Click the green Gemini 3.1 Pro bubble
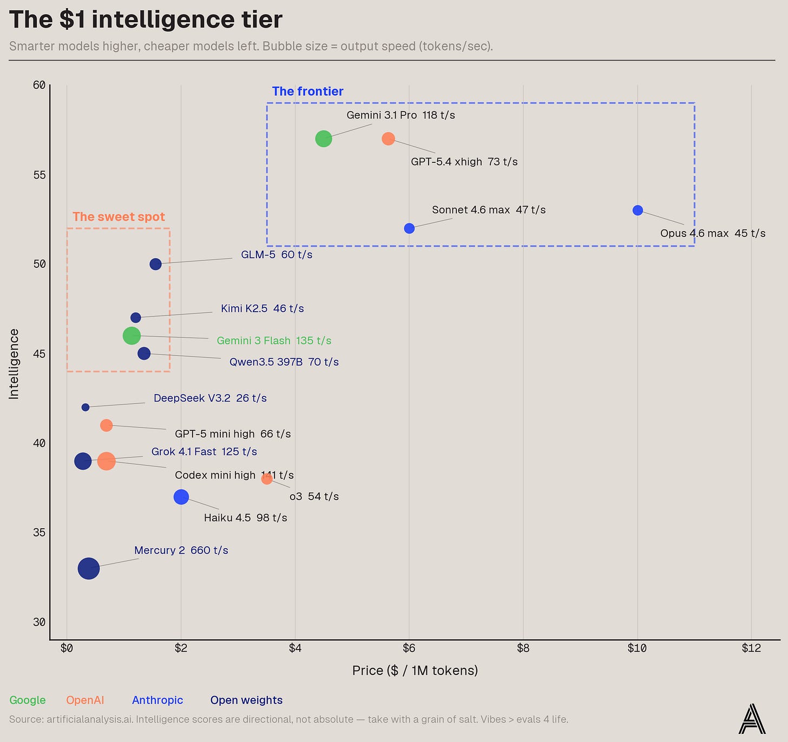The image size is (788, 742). pyautogui.click(x=324, y=139)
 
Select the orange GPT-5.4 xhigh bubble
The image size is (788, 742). pyautogui.click(x=388, y=139)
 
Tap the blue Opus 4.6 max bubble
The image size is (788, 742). pyautogui.click(x=638, y=210)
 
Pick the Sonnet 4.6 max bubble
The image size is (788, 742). pyautogui.click(x=409, y=228)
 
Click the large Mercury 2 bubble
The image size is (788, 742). pyautogui.click(x=88, y=568)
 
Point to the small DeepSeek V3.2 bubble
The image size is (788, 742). pyautogui.click(x=86, y=407)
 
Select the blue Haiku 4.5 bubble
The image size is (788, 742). pyautogui.click(x=181, y=497)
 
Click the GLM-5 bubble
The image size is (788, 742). pyautogui.click(x=155, y=264)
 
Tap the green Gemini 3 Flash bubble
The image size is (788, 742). pyautogui.click(x=132, y=336)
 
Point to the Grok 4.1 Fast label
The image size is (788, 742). pyautogui.click(x=204, y=451)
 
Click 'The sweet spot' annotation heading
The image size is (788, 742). pyautogui.click(x=119, y=216)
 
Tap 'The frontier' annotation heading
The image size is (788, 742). pyautogui.click(x=307, y=91)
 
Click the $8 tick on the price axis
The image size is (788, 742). pyautogui.click(x=523, y=648)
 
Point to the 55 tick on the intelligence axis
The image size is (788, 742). pyautogui.click(x=40, y=175)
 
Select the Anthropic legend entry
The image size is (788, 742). pyautogui.click(x=157, y=700)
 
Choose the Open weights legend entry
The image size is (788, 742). pyautogui.click(x=246, y=700)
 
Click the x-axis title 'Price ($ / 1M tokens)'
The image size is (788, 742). pyautogui.click(x=415, y=670)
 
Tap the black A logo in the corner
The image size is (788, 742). pyautogui.click(x=752, y=719)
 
